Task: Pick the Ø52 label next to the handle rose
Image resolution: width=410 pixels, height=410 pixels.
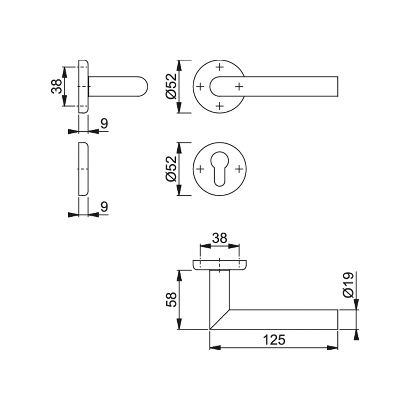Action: pyautogui.click(x=171, y=86)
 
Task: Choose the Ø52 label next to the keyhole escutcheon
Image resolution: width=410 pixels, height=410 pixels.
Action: pyautogui.click(x=171, y=169)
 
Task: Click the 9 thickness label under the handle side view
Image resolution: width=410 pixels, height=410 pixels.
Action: pyautogui.click(x=104, y=123)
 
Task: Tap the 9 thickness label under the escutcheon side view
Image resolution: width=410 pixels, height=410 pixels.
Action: pyautogui.click(x=104, y=207)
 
